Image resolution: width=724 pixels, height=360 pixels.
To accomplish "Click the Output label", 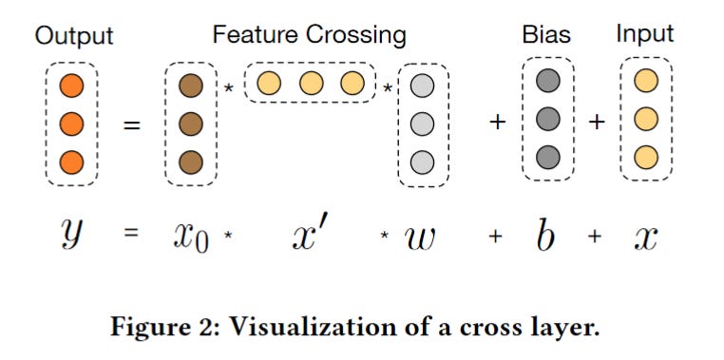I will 74,36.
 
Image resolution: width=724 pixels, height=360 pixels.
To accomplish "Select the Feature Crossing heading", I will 309,36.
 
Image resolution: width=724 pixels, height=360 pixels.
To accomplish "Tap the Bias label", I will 546,36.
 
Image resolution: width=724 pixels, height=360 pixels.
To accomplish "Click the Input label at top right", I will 645,34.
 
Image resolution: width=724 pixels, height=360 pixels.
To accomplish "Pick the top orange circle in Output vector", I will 72,85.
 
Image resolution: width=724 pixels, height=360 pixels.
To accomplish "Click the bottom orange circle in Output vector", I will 72,159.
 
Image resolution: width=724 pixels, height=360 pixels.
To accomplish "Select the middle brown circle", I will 190,123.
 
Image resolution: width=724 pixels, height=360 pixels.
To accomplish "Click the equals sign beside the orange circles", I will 131,123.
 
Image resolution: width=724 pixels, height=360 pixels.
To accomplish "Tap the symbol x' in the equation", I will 310,233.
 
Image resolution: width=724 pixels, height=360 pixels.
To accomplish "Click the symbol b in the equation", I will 544,232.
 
